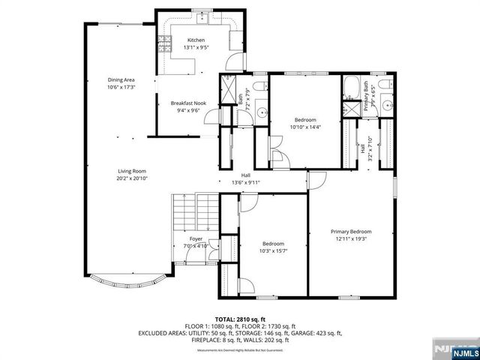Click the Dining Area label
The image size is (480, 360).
coord(121,79)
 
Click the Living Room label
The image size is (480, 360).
coord(131,171)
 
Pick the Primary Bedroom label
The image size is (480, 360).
coord(351,232)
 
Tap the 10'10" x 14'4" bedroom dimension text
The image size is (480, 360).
coord(305,127)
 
